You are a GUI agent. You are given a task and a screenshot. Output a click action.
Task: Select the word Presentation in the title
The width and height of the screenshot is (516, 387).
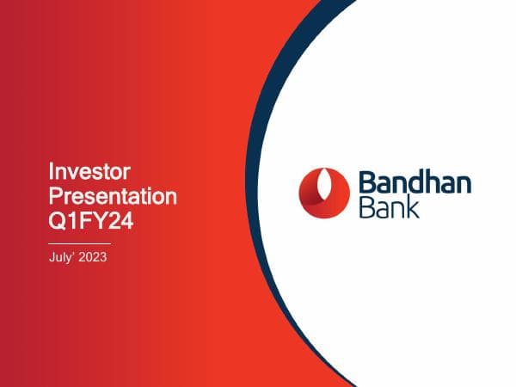[113, 197]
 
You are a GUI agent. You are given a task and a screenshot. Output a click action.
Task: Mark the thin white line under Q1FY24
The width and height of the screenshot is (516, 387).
[79, 243]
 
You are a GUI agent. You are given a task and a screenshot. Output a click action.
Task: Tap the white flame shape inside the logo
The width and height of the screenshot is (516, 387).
[322, 189]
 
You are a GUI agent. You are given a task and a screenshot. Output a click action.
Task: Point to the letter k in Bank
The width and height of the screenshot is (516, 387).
[413, 207]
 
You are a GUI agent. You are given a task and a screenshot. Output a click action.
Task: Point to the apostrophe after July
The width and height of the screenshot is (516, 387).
[75, 255]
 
